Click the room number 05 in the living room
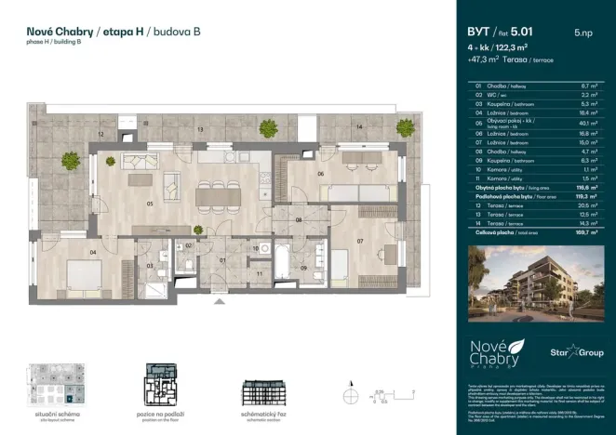[149, 203]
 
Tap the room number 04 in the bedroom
[93, 251]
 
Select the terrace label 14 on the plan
[357, 126]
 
